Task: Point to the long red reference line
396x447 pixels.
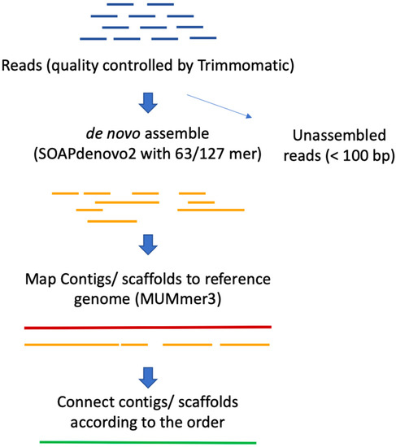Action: tap(147, 328)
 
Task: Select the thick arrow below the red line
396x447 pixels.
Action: tap(148, 375)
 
